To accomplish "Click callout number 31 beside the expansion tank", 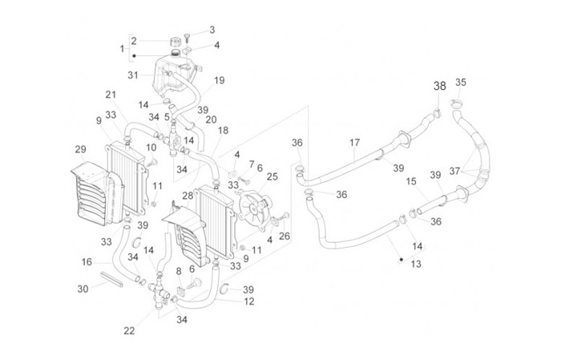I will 133,75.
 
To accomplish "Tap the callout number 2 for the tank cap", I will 134,41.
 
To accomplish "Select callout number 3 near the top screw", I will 212,30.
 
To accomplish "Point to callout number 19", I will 219,81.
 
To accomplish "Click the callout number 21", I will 111,95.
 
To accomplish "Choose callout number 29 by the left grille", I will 80,150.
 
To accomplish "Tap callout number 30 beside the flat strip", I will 83,289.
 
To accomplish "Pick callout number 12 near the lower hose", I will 249,301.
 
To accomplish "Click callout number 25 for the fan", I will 272,176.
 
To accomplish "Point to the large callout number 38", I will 440,86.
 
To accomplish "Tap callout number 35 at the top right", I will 461,82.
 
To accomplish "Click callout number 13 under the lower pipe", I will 416,264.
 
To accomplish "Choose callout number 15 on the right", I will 410,182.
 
